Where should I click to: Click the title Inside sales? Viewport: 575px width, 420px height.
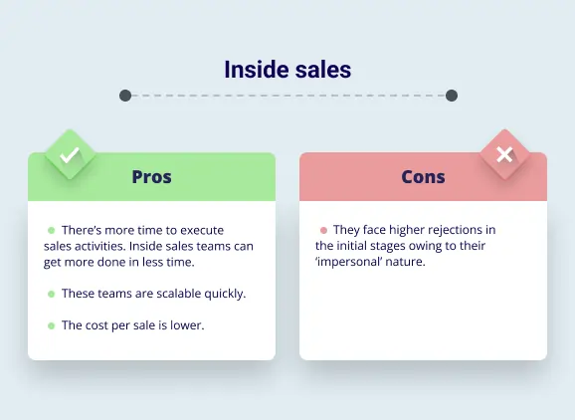(287, 69)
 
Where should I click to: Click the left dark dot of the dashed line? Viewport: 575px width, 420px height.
(125, 96)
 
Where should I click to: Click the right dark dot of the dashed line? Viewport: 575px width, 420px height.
(451, 96)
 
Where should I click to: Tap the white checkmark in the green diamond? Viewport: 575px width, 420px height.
(69, 155)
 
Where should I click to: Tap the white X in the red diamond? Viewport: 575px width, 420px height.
(504, 154)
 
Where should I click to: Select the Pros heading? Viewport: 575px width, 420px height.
(151, 177)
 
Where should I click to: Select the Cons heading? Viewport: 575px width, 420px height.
(423, 177)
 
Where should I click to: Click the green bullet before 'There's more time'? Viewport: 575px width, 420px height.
(51, 230)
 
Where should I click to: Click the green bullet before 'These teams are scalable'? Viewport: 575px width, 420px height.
(51, 294)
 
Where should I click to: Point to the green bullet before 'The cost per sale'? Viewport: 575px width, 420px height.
(51, 325)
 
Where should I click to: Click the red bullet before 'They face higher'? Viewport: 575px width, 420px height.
(322, 230)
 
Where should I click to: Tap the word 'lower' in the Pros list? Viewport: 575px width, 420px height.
(187, 325)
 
